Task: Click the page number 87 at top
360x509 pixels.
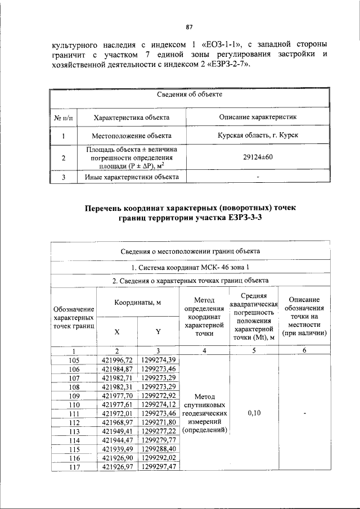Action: (x=190, y=27)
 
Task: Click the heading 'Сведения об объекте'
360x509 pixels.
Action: (x=190, y=94)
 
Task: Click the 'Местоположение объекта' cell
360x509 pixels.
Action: (x=132, y=136)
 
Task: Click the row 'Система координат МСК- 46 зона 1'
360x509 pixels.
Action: (x=190, y=267)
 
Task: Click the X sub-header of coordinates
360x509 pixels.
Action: (x=117, y=332)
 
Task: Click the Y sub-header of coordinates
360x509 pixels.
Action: (x=158, y=332)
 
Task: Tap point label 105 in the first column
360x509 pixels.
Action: (x=74, y=360)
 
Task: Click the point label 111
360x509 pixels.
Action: (x=74, y=413)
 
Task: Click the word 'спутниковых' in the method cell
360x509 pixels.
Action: (x=204, y=404)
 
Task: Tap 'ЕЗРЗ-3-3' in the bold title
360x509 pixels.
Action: (x=244, y=218)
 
